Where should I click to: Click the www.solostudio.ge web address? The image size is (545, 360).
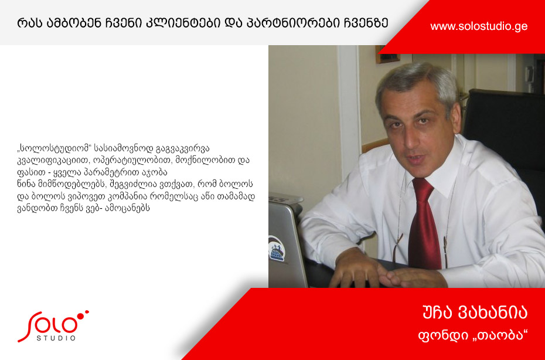pos(479,26)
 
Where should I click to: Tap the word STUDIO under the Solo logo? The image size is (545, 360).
pos(56,338)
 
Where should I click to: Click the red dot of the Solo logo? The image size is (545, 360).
pos(80,316)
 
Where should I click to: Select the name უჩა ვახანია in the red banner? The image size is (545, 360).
pos(475,313)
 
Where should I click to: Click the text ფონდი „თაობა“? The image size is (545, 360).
pos(473,335)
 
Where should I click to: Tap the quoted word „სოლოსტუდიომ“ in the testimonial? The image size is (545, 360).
pos(54,148)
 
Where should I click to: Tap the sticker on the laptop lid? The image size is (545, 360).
pos(277,248)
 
